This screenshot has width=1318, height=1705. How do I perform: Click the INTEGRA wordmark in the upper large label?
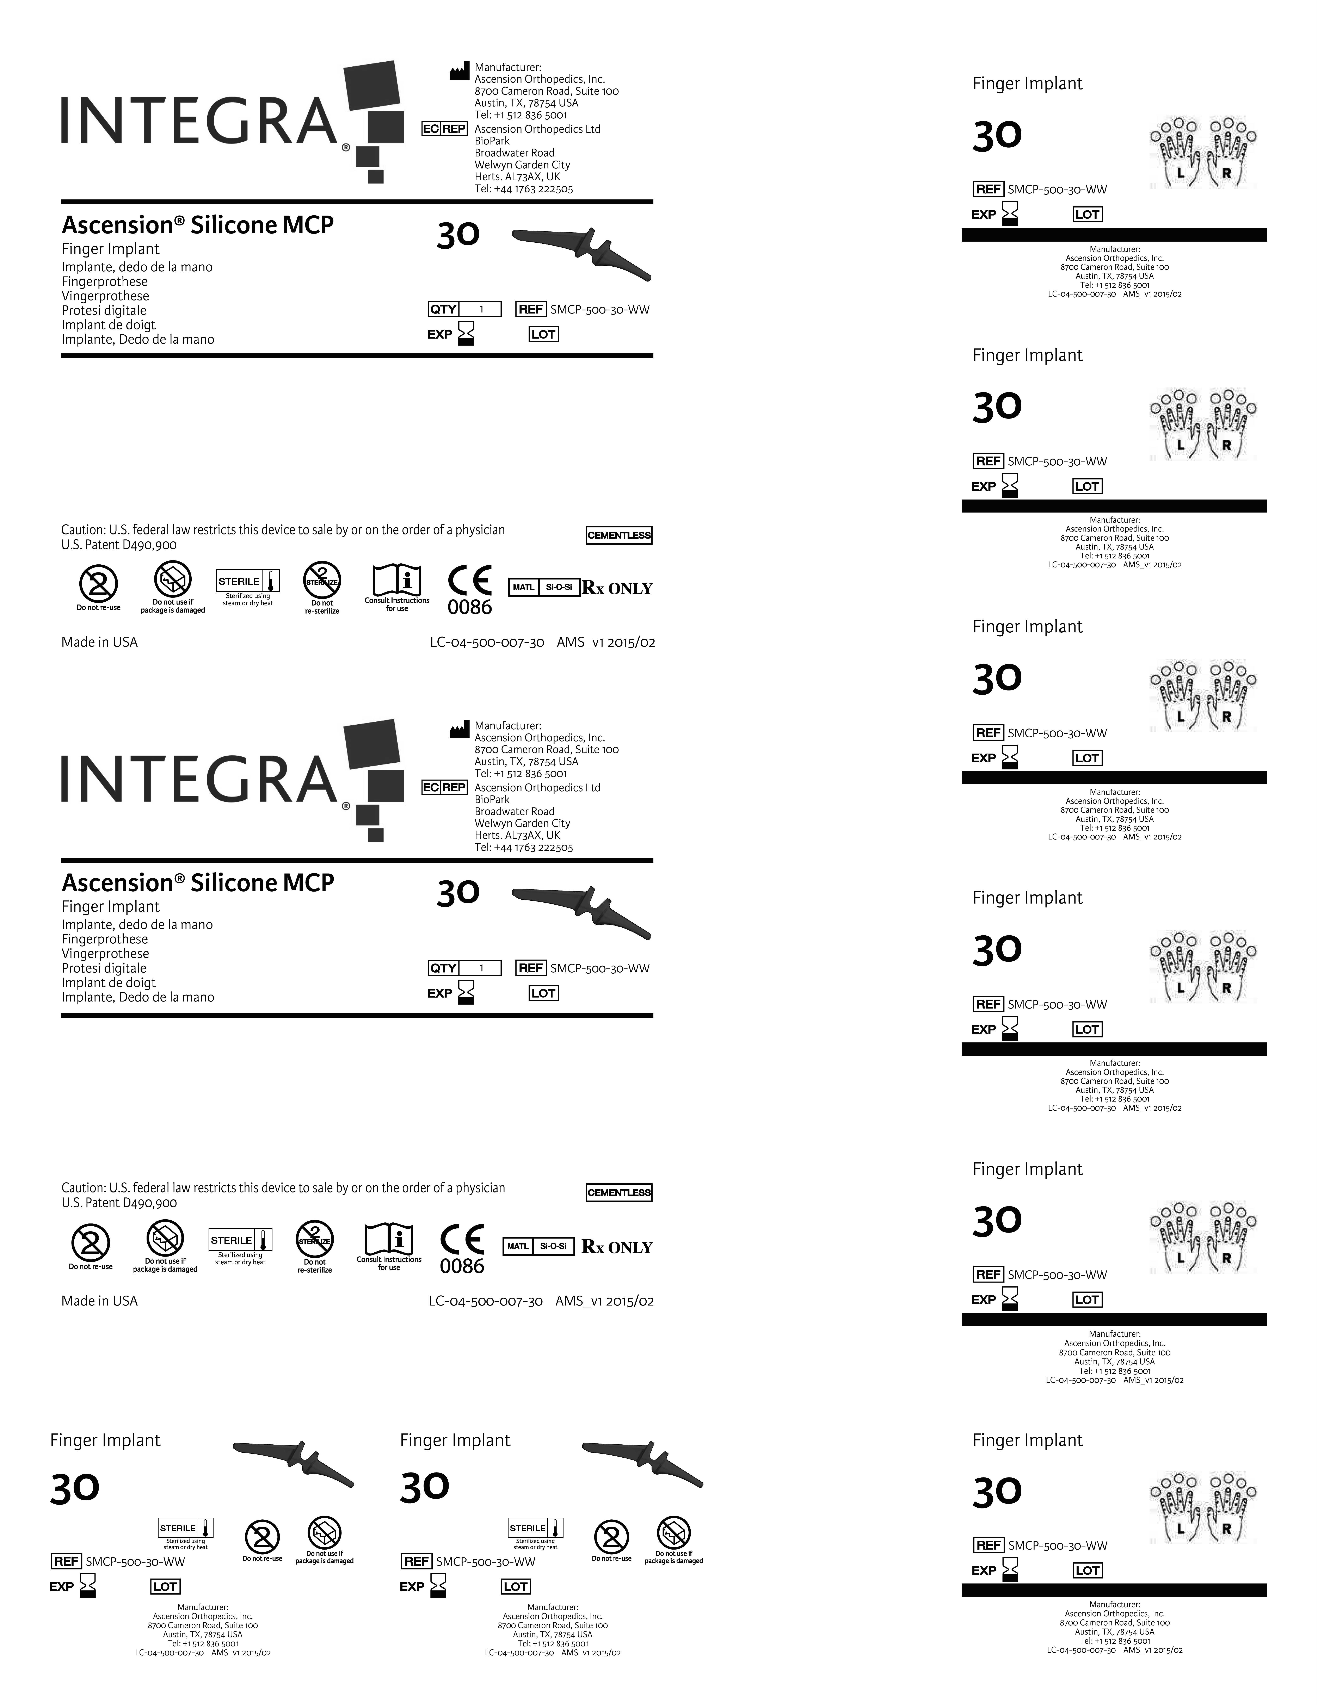click(199, 121)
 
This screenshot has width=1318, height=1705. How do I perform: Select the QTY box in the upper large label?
click(464, 309)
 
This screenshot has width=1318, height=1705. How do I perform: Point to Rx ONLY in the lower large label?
click(617, 1247)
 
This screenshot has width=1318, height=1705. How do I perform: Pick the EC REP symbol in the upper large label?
click(444, 129)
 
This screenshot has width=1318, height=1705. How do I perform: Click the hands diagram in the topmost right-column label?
click(1203, 152)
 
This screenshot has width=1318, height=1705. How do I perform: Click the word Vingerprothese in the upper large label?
click(105, 296)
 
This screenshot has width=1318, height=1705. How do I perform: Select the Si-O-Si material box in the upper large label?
click(559, 587)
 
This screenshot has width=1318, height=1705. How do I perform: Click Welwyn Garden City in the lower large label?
click(522, 823)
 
